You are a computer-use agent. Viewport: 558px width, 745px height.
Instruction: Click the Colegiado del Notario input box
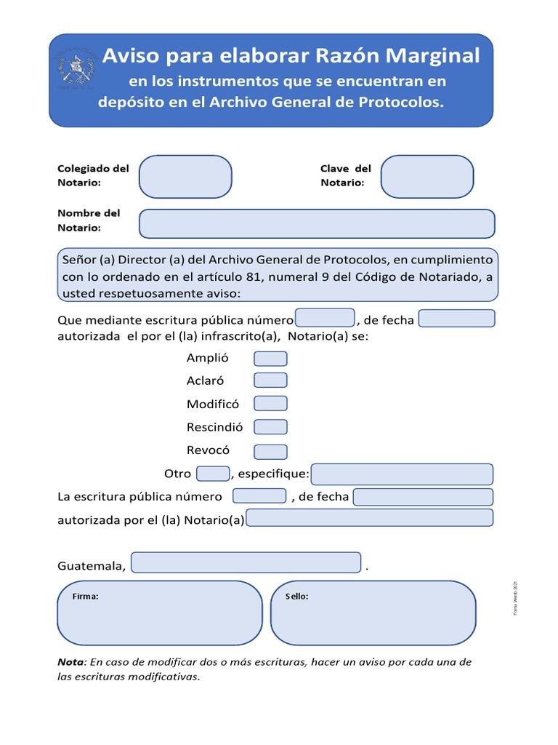(185, 177)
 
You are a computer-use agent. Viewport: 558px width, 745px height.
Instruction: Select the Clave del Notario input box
(426, 177)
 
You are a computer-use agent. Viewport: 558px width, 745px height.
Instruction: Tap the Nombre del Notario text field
(317, 223)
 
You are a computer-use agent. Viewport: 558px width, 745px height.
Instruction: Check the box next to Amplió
(270, 359)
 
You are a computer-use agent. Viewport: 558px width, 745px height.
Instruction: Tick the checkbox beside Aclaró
(270, 381)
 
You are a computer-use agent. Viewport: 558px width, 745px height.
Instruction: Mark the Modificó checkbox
(270, 404)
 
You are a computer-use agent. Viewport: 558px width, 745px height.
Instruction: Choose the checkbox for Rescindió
(270, 427)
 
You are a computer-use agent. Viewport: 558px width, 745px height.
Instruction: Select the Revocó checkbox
(270, 451)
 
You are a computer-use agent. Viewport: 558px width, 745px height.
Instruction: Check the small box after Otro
(213, 474)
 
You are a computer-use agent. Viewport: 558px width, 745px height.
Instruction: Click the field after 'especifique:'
(402, 474)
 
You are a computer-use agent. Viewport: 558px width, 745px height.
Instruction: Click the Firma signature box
(159, 613)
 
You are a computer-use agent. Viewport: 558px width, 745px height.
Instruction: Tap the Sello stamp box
(373, 613)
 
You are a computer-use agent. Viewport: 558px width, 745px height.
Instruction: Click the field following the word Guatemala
(246, 563)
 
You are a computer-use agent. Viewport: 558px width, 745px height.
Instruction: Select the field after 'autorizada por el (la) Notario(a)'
(370, 518)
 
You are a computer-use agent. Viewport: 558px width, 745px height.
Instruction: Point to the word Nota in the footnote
(70, 662)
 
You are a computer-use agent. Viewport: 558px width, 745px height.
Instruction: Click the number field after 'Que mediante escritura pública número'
(325, 319)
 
